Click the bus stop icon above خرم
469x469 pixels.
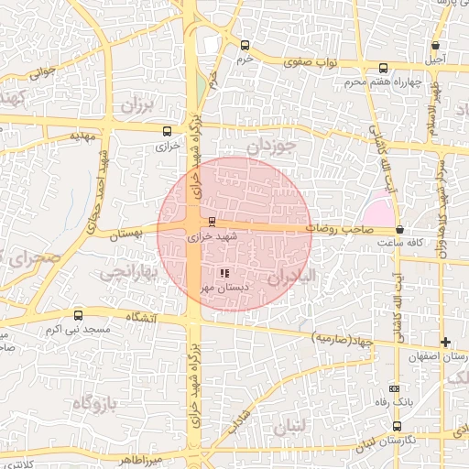pyautogui.click(x=244, y=45)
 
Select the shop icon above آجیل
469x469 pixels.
pyautogui.click(x=436, y=45)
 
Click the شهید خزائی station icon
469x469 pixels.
pyautogui.click(x=213, y=221)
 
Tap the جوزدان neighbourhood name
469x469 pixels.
pyautogui.click(x=273, y=145)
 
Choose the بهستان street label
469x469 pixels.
pyautogui.click(x=127, y=234)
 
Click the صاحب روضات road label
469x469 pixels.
pyautogui.click(x=336, y=226)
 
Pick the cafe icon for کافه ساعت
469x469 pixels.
pyautogui.click(x=399, y=229)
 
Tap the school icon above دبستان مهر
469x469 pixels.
pyautogui.click(x=224, y=272)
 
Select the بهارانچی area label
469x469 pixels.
pyautogui.click(x=128, y=272)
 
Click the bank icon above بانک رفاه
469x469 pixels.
pyautogui.click(x=395, y=388)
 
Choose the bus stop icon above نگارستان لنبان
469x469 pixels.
pyautogui.click(x=397, y=426)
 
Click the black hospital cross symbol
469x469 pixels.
pyautogui.click(x=445, y=342)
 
